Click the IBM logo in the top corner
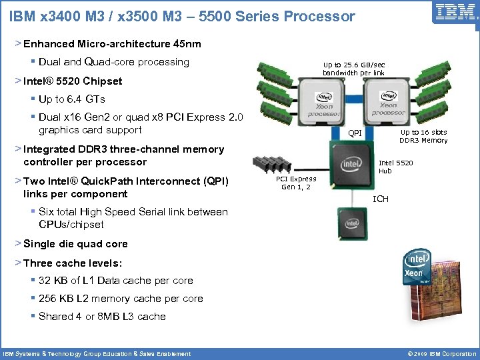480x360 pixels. tap(455, 12)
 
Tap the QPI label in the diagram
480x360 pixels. tap(356, 133)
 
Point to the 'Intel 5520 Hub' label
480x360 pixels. tap(395, 167)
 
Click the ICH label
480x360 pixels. tap(380, 199)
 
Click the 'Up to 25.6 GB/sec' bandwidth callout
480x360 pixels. tap(353, 68)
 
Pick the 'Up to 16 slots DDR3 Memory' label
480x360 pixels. tap(423, 137)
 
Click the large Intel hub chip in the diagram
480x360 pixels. tap(351, 162)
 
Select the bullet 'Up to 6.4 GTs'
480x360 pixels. tap(72, 99)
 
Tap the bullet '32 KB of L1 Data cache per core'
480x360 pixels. tap(116, 281)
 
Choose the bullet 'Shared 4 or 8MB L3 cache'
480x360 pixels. tap(102, 317)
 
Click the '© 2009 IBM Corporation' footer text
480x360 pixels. tap(437, 353)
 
